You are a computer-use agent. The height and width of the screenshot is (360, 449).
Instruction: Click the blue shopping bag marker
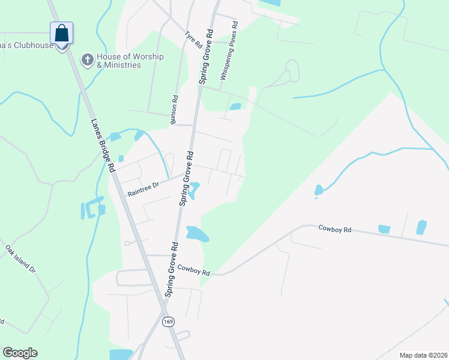pyautogui.click(x=62, y=33)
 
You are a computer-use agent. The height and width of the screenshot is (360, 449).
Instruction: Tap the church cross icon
pyautogui.click(x=87, y=60)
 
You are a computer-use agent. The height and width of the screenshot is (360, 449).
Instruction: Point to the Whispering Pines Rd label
pyautogui.click(x=229, y=51)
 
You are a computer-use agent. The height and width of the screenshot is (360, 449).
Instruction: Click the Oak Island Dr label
pyautogui.click(x=20, y=259)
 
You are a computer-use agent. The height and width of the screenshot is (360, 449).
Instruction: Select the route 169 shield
pyautogui.click(x=168, y=322)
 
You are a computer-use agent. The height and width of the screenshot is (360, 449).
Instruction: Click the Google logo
pyautogui.click(x=20, y=353)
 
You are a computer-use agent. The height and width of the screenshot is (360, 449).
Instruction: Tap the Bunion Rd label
pyautogui.click(x=175, y=110)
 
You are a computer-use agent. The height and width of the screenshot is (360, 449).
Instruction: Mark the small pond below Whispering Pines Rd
pyautogui.click(x=235, y=107)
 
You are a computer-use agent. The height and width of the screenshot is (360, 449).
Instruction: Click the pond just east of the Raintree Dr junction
pyautogui.click(x=194, y=191)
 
